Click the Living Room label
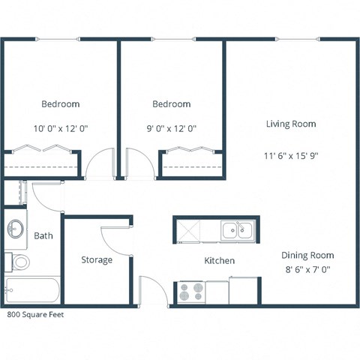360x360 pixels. pyautogui.click(x=291, y=124)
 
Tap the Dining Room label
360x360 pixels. pyautogui.click(x=307, y=255)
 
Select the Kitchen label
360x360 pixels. pyautogui.click(x=220, y=261)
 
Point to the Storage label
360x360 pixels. pyautogui.click(x=97, y=260)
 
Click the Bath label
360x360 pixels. pyautogui.click(x=43, y=235)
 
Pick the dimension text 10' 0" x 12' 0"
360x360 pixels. pyautogui.click(x=61, y=128)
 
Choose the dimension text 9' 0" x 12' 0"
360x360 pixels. pyautogui.click(x=172, y=128)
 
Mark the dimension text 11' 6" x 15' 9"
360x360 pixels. pyautogui.click(x=292, y=156)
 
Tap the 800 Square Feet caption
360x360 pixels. pyautogui.click(x=35, y=315)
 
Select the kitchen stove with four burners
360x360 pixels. pyautogui.click(x=191, y=291)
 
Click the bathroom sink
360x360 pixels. pyautogui.click(x=16, y=228)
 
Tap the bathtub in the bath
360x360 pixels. pyautogui.click(x=31, y=290)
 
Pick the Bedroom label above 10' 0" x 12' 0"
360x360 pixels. pyautogui.click(x=61, y=104)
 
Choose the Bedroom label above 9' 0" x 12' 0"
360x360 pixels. pyautogui.click(x=172, y=104)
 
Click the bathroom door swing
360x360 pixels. pyautogui.click(x=45, y=197)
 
